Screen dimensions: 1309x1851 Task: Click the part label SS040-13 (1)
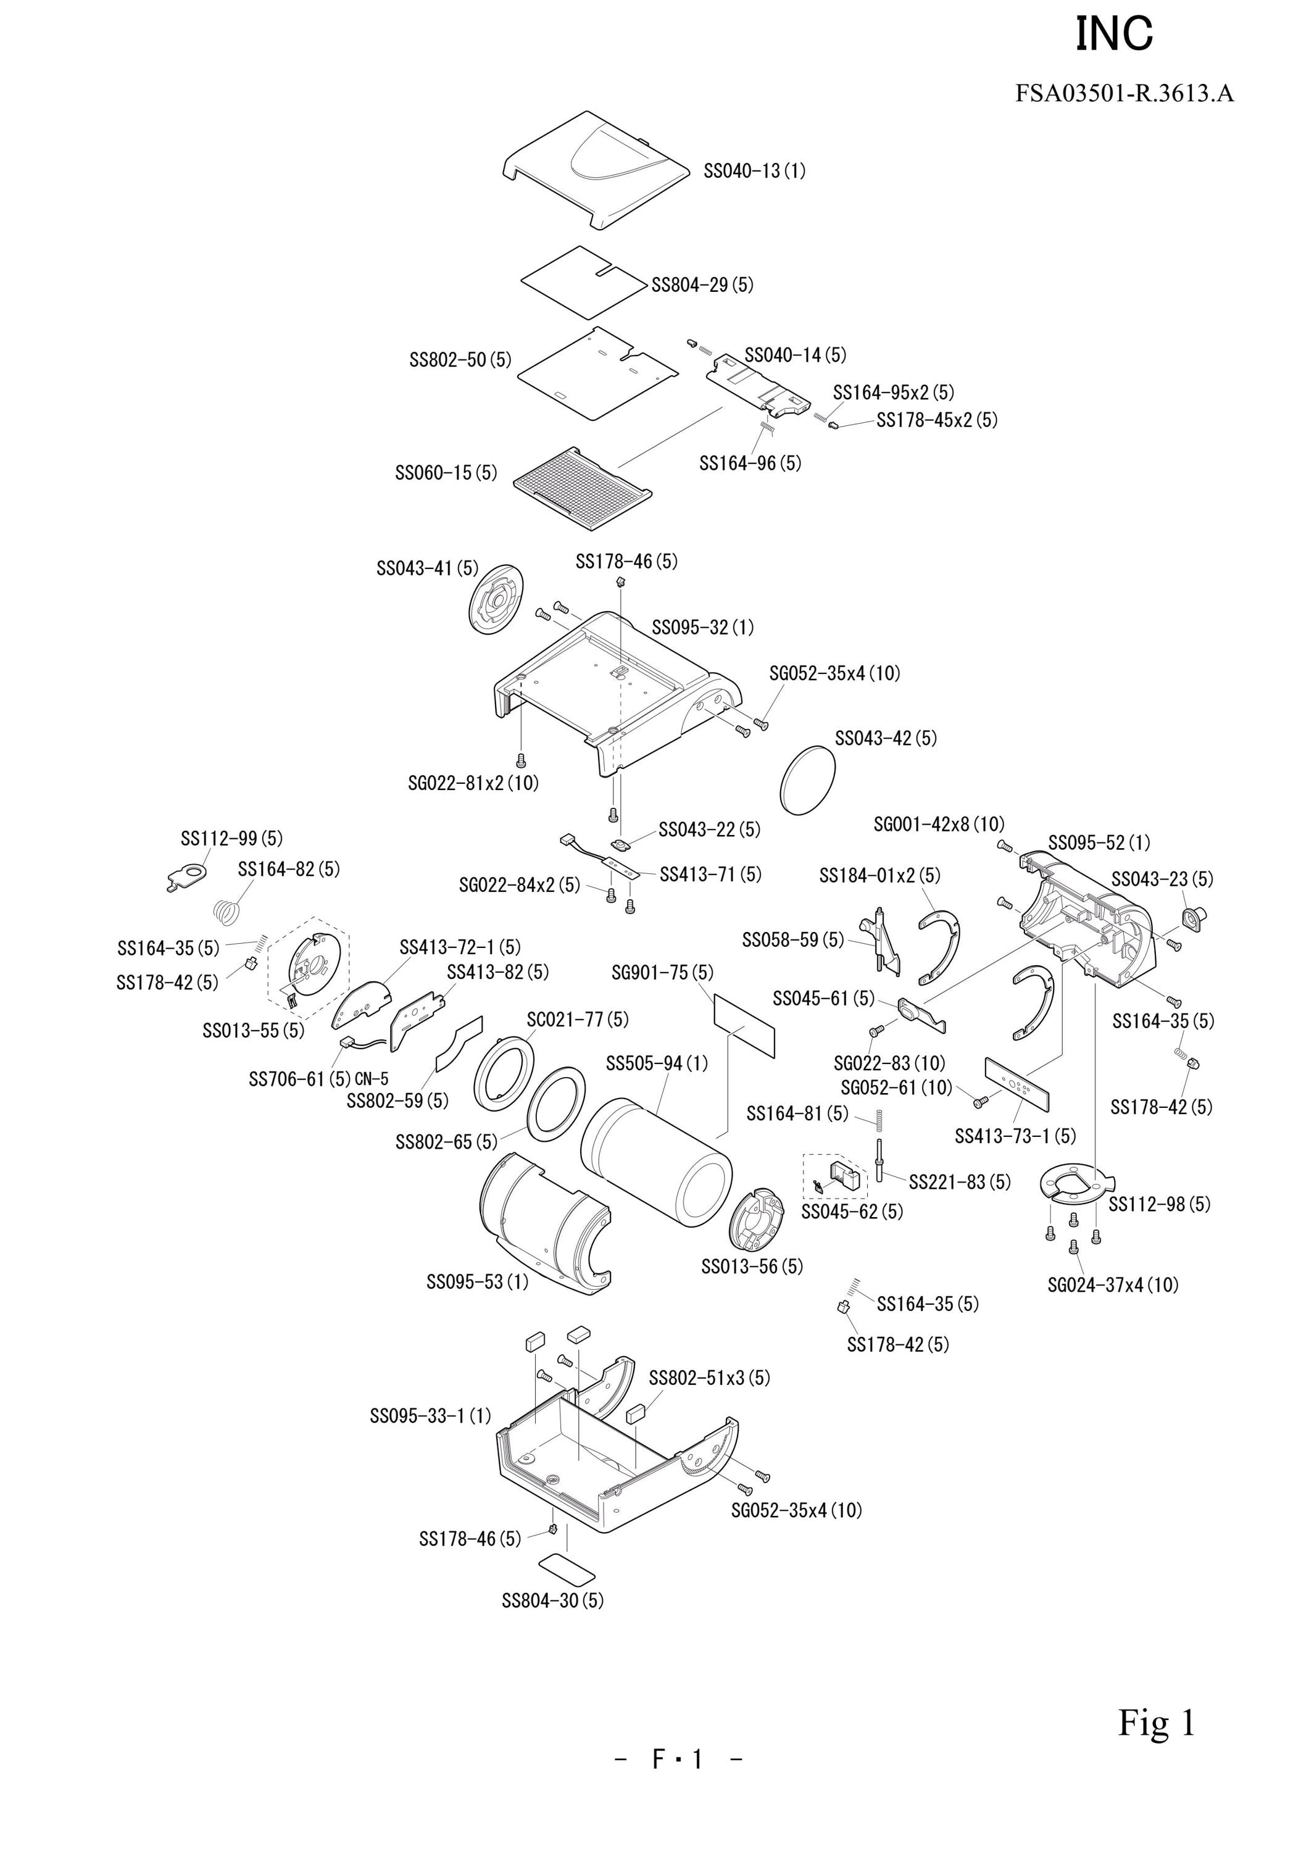pyautogui.click(x=754, y=171)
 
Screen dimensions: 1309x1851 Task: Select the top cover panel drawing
pyautogui.click(x=596, y=171)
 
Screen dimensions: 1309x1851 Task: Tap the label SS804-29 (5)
pyautogui.click(x=703, y=285)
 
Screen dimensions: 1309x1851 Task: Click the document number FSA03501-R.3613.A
pyautogui.click(x=1124, y=94)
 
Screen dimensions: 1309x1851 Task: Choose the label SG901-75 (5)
pyautogui.click(x=663, y=973)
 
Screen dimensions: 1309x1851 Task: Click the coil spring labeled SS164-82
pyautogui.click(x=228, y=911)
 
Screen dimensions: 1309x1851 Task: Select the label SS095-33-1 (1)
pyautogui.click(x=430, y=1416)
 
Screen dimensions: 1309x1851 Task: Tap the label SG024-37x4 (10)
pyautogui.click(x=1113, y=1285)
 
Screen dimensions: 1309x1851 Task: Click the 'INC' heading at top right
pyautogui.click(x=1115, y=35)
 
